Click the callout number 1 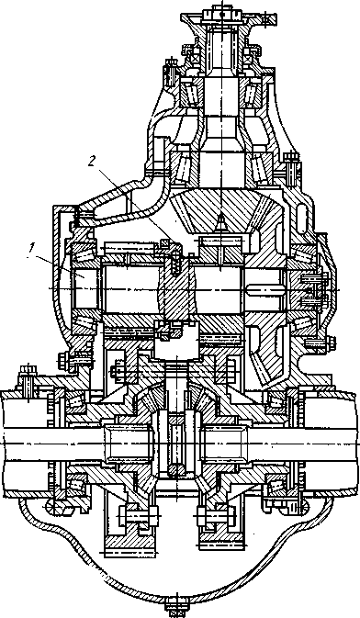point(29,248)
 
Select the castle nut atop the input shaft point(222,14)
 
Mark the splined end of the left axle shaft point(126,443)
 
